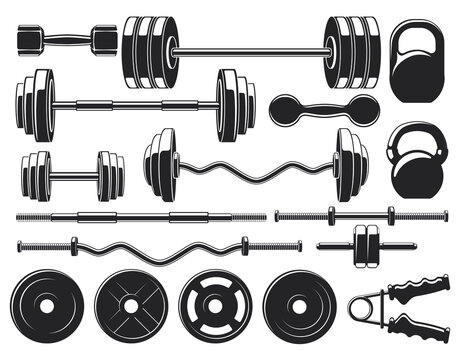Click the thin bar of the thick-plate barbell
click(249, 50)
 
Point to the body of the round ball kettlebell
click(412, 174)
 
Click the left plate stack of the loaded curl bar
click(161, 165)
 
